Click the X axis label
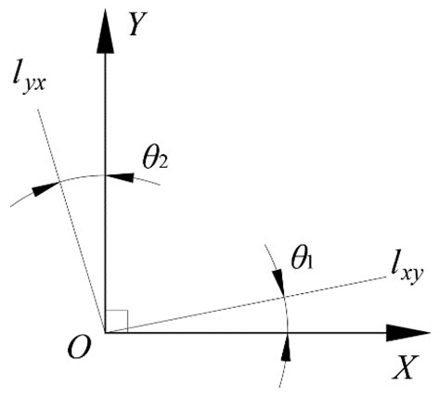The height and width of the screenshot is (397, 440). click(402, 368)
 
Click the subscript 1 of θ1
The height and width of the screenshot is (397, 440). click(311, 263)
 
